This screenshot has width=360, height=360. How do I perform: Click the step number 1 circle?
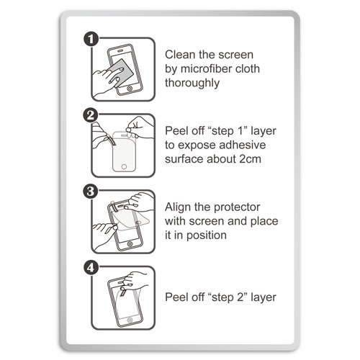pyautogui.click(x=91, y=40)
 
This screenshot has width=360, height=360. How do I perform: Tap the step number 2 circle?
pyautogui.click(x=91, y=115)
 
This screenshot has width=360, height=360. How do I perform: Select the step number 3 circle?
pyautogui.click(x=91, y=192)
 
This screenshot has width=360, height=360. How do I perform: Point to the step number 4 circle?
pyautogui.click(x=91, y=268)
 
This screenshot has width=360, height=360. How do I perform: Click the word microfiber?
pyautogui.click(x=204, y=68)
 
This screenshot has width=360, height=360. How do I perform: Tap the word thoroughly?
pyautogui.click(x=192, y=84)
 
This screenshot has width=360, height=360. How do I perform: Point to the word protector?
pyautogui.click(x=236, y=207)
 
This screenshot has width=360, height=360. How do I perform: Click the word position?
pyautogui.click(x=207, y=235)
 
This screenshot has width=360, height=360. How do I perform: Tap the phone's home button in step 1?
pyautogui.click(x=130, y=89)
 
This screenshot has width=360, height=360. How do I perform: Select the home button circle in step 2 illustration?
pyautogui.click(x=124, y=166)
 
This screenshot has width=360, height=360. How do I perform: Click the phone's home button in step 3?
pyautogui.click(x=130, y=244)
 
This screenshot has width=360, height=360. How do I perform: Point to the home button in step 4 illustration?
pyautogui.click(x=130, y=320)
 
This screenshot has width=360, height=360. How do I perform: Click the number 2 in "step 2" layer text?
pyautogui.click(x=240, y=297)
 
